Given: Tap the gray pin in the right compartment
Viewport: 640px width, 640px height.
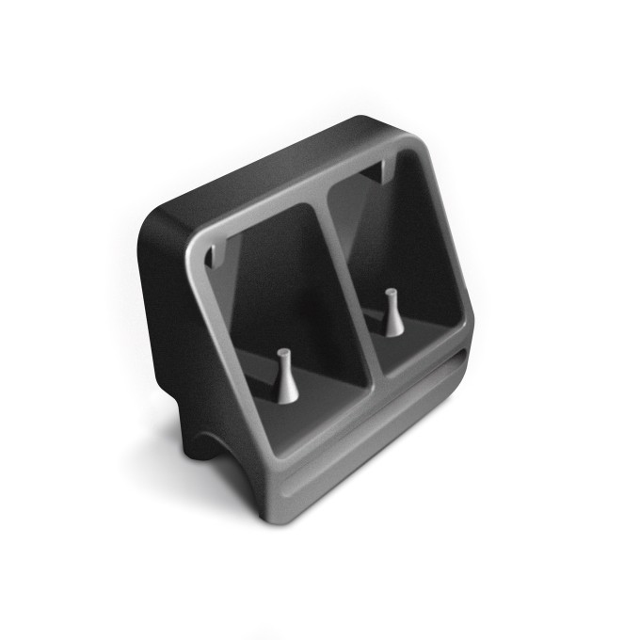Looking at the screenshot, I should coord(393,316).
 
